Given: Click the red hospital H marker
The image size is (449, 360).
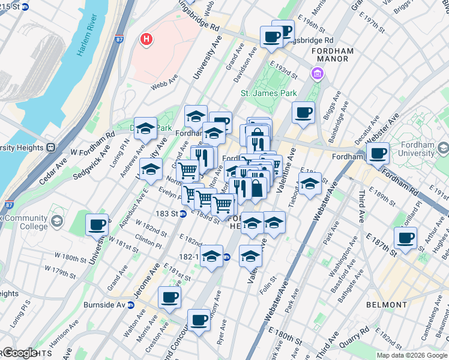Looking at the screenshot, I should tap(145, 40).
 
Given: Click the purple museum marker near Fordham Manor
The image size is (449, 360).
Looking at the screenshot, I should tap(316, 73).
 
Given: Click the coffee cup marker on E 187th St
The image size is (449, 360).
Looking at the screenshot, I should tap(406, 238).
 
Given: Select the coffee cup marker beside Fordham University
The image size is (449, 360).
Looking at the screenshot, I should tap(378, 154).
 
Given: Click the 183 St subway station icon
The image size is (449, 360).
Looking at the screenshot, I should tap(181, 214).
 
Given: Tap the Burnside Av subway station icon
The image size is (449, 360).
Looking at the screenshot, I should tap(139, 304).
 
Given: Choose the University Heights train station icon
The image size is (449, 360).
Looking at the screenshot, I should tap(51, 147).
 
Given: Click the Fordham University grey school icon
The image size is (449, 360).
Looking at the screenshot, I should tap(443, 148).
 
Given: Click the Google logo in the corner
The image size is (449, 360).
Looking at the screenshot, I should tap(19, 353).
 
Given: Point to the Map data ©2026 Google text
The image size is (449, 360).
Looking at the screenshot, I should tap(412, 355).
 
